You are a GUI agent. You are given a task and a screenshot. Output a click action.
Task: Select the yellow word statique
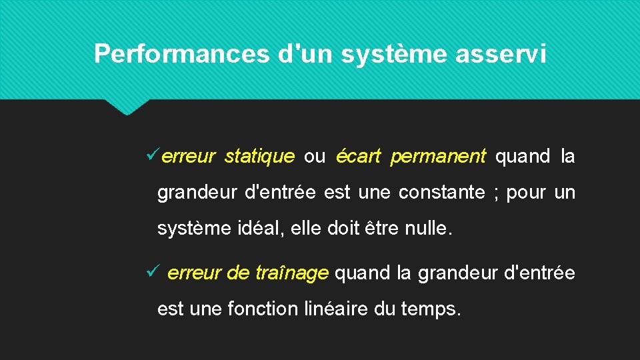259,157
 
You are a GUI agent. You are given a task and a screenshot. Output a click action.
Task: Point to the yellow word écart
358,157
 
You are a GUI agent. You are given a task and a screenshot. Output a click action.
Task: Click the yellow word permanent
438,157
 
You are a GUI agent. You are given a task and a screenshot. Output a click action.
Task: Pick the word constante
441,193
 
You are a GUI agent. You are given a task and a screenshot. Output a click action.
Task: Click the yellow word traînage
292,273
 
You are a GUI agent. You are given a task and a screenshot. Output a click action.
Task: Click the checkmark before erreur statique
151,156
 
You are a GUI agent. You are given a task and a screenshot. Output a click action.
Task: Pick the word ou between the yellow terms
315,157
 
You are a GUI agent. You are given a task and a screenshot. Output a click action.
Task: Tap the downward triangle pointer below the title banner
127,107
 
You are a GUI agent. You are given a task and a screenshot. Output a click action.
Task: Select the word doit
342,229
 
